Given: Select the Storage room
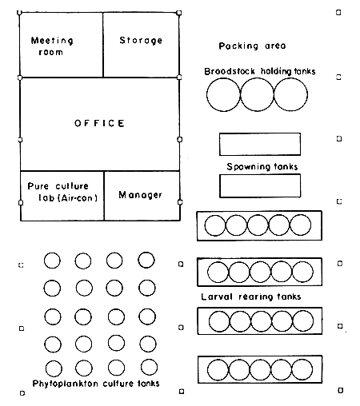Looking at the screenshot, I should pos(141,41).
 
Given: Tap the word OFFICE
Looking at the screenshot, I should pos(99,123).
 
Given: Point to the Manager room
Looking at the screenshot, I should pos(141,195).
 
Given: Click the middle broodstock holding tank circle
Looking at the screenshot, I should pos(257,96).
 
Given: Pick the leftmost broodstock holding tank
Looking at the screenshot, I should pos(223,96).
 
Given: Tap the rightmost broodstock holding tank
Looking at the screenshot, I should pos(290,96).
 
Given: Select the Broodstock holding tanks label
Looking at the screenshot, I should pos(259,71).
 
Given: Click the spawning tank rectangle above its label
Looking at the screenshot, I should pos(259,144).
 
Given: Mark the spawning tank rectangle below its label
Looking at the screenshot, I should pos(259,185).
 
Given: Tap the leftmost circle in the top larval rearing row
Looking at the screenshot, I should pos(215,225).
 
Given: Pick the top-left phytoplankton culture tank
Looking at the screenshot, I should pos(52,260).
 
